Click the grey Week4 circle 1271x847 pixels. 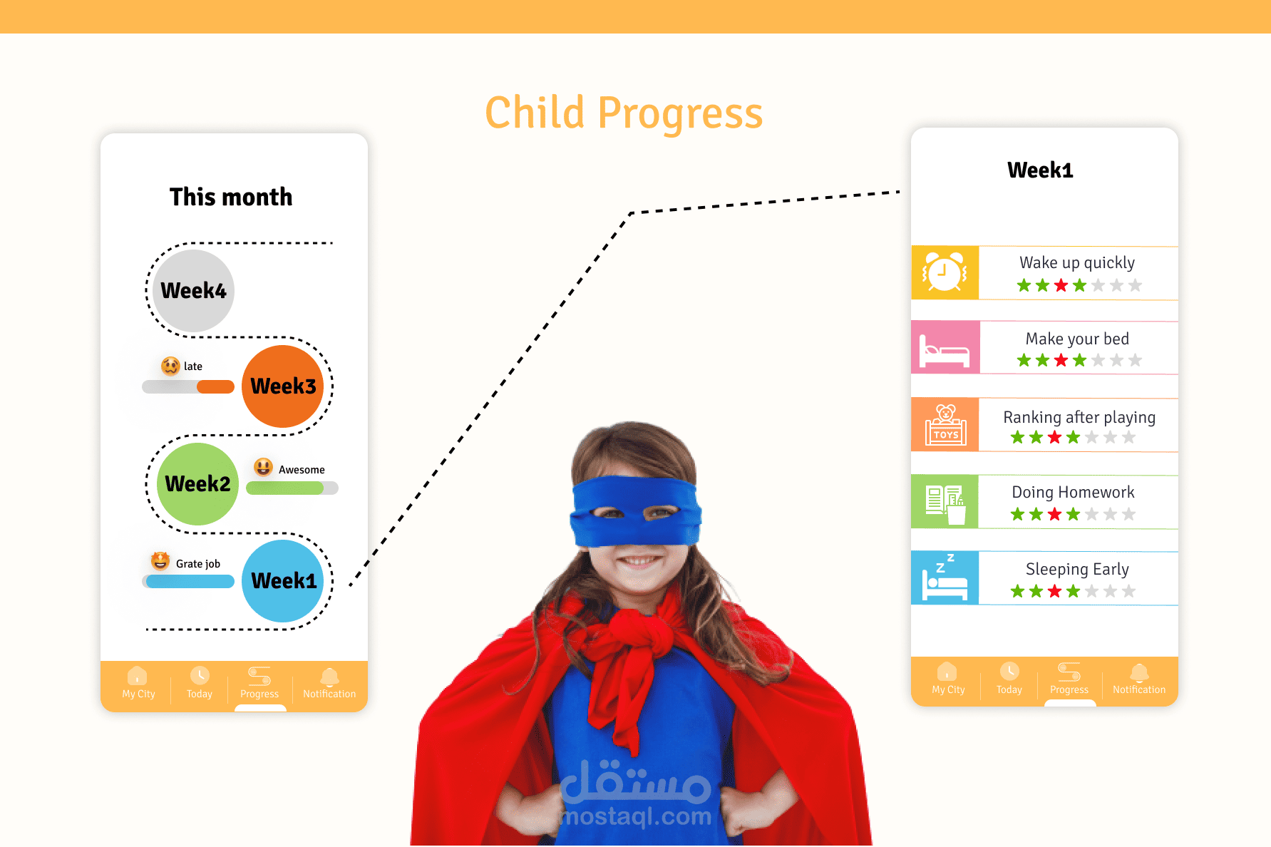[193, 290]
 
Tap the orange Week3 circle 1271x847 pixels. [283, 386]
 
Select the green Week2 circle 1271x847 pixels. [197, 484]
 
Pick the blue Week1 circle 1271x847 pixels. [283, 581]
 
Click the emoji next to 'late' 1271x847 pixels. [170, 366]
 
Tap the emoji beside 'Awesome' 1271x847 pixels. [264, 468]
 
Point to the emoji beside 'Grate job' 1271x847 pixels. [160, 561]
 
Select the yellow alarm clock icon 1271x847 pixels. [945, 272]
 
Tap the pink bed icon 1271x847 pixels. [945, 348]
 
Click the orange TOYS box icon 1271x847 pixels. [945, 425]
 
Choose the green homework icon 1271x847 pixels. [945, 502]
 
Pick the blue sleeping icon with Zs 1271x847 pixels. [945, 578]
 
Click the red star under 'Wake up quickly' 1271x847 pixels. [1061, 286]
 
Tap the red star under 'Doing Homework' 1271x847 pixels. [1055, 514]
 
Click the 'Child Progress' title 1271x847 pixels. [624, 114]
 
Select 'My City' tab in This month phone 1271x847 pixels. [138, 683]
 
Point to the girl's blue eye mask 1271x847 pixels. [636, 510]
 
